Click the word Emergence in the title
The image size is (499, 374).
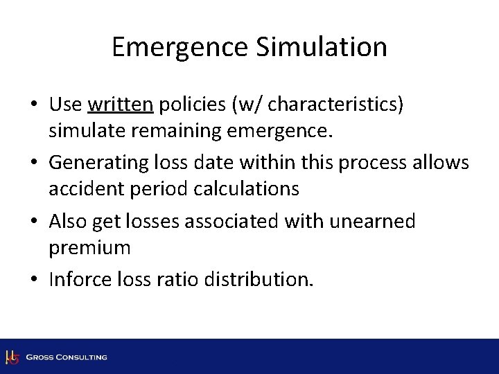tap(175, 48)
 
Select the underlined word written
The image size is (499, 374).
tap(121, 104)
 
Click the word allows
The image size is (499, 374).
tap(445, 163)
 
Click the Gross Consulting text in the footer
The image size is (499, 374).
tap(67, 357)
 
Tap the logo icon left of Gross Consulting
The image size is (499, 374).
tap(12, 357)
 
